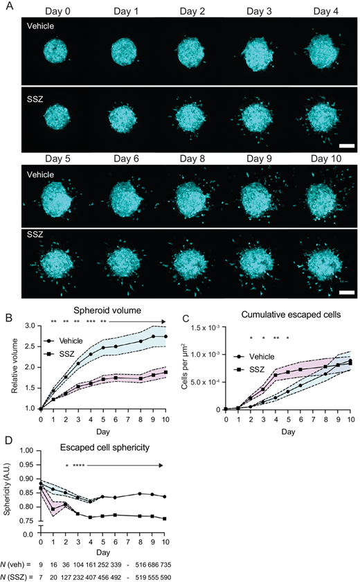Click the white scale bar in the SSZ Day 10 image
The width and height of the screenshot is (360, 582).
point(345,294)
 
